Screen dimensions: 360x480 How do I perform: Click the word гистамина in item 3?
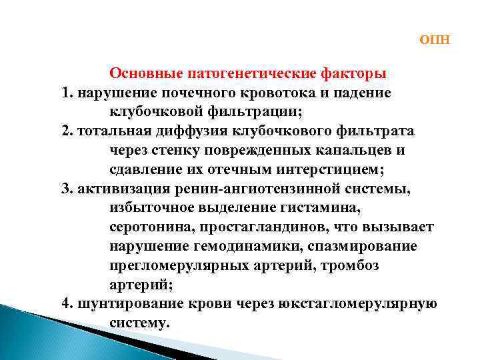tap(316, 209)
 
